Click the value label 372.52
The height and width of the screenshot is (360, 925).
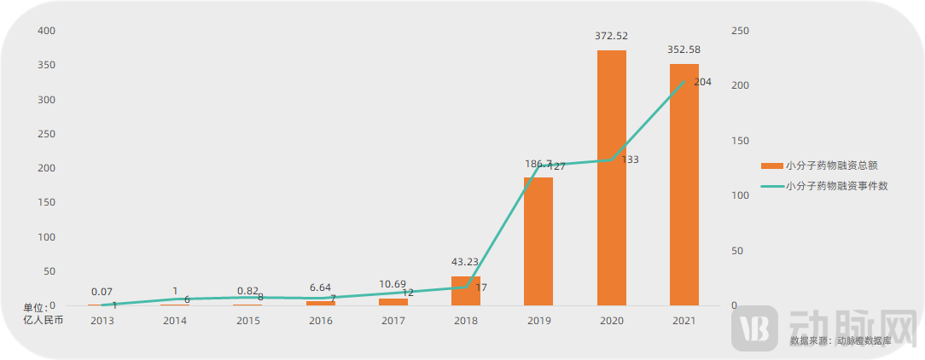pos(611,36)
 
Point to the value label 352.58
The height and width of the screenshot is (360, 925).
pos(684,49)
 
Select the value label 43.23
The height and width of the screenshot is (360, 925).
pos(466,262)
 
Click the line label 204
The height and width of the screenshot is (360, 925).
pos(702,82)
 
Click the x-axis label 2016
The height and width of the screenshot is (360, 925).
pos(320,321)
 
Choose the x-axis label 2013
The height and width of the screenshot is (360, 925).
pos(102,321)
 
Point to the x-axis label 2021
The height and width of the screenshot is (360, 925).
pos(684,321)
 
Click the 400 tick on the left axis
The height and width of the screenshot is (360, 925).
pos(46,31)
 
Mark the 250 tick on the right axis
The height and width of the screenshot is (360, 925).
pos(741,31)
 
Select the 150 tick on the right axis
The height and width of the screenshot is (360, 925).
pos(741,141)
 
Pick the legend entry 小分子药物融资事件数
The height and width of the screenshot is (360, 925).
pos(836,185)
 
